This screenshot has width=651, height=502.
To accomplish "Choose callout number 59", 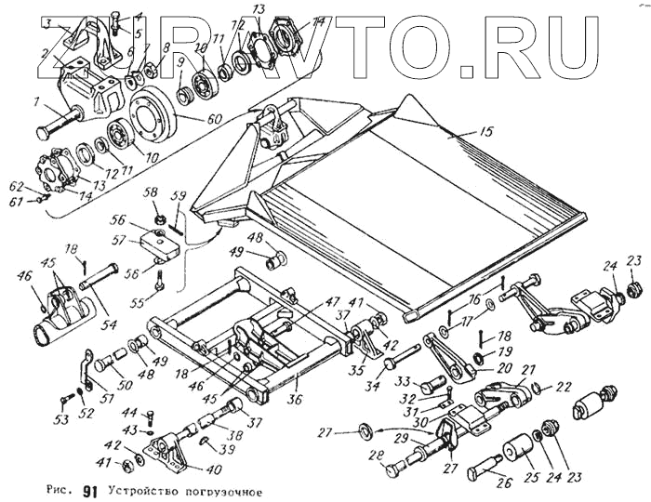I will tap(179, 195).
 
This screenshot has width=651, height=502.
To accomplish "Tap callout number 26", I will tap(504, 482).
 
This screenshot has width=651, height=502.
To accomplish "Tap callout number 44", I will tap(130, 413).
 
